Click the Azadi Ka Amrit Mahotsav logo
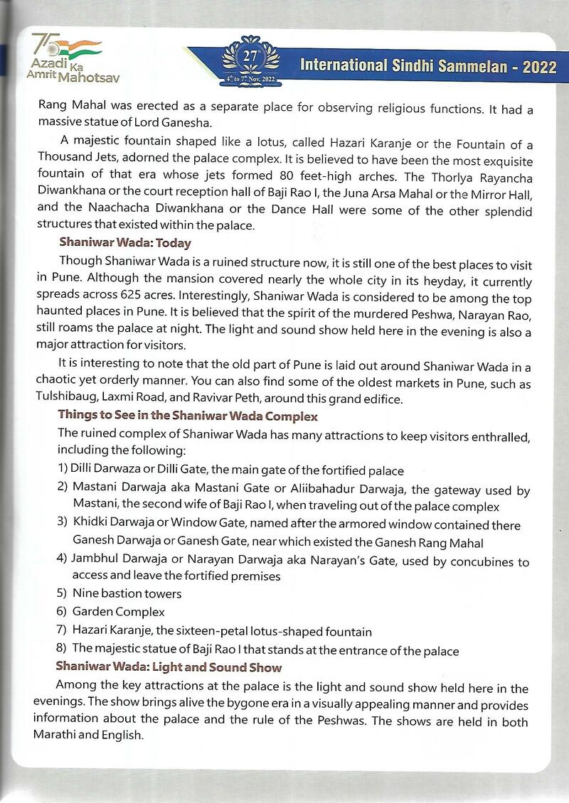point(66,58)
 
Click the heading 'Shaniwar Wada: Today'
point(125,243)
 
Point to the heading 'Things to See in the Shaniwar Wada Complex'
point(188,416)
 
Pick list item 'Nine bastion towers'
point(127,593)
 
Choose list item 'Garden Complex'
point(118,611)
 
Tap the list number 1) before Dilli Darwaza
point(63,470)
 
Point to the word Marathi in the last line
point(60,735)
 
